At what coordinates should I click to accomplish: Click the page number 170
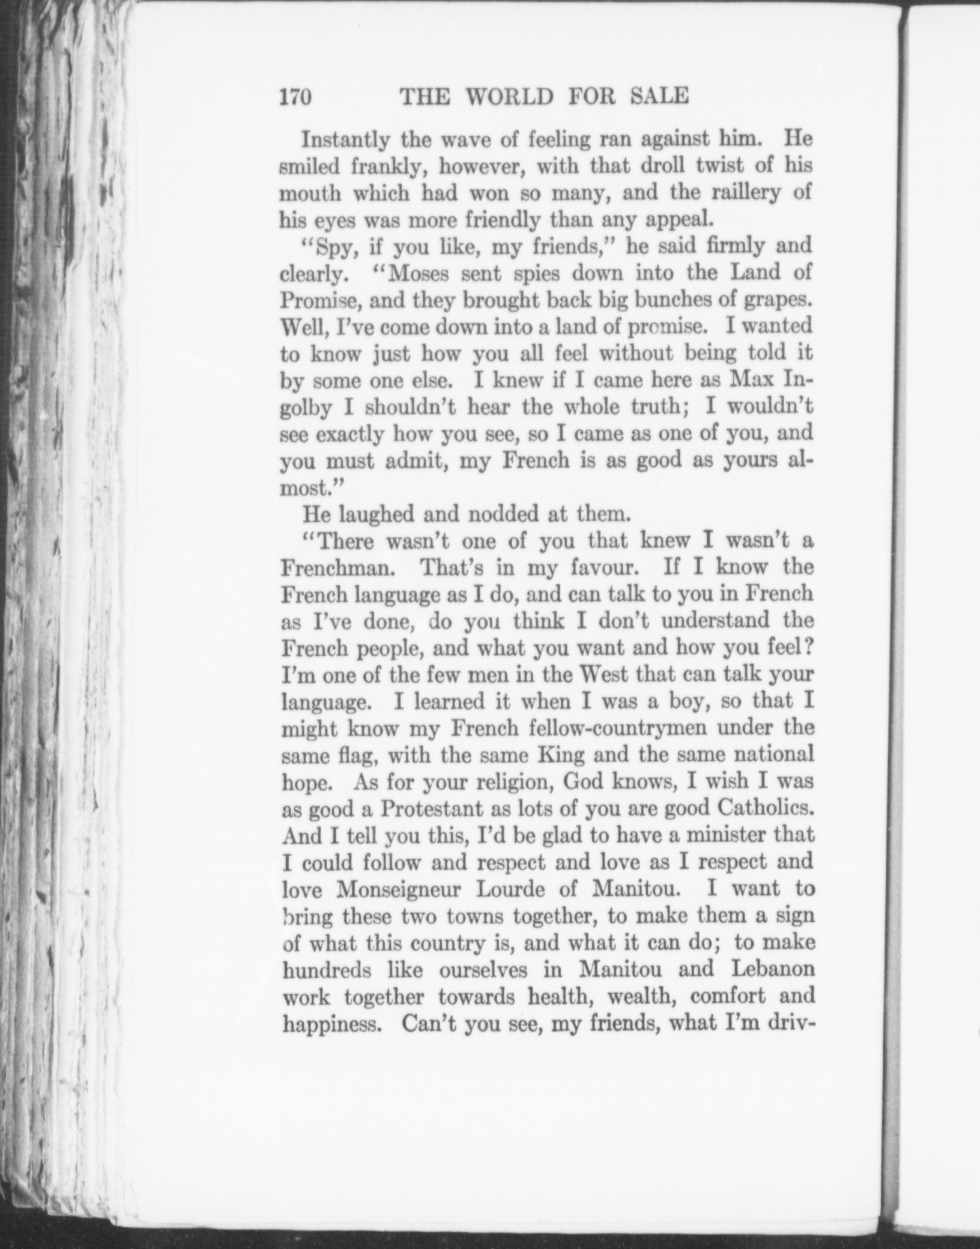[x=295, y=97]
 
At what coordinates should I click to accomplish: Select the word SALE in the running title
[x=659, y=97]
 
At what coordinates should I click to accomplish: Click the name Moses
[x=428, y=274]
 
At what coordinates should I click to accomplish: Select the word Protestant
[x=432, y=808]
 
